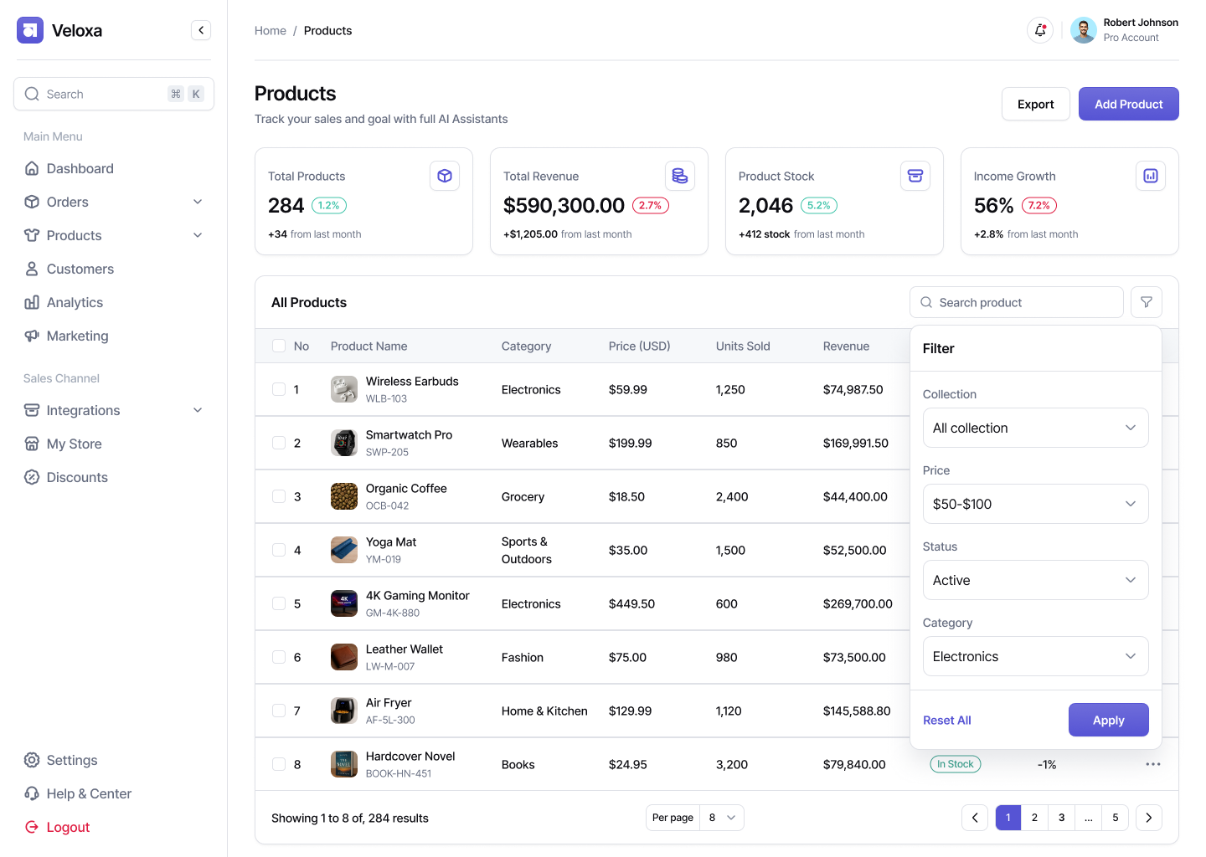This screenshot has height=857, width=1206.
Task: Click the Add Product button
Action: pos(1128,104)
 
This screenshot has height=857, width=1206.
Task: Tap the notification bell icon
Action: pos(1040,30)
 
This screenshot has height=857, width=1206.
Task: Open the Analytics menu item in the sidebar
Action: pos(75,302)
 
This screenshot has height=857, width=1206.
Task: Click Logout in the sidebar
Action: pos(68,827)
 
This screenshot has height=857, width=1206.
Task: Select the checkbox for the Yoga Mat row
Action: pos(279,550)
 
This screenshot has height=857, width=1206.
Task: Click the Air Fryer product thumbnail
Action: pos(344,711)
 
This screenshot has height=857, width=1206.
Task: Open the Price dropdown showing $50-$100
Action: pos(1035,504)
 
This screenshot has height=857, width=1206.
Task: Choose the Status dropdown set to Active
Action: pos(1035,580)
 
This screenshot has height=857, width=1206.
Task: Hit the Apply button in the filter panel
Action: pos(1108,720)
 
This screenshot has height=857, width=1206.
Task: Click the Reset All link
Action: pos(947,720)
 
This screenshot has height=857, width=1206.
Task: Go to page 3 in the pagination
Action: pos(1061,818)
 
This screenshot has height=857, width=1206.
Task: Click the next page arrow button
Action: pos(1148,818)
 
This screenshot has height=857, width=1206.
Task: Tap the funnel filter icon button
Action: pos(1147,302)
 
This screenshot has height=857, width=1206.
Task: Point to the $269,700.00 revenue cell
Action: pos(858,603)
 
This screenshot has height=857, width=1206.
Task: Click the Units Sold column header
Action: pos(743,346)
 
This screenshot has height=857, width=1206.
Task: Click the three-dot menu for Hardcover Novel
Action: pos(1153,764)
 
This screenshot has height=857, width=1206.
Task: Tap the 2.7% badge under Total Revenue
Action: pos(651,205)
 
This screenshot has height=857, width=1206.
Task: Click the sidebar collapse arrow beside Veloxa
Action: pos(201,30)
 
